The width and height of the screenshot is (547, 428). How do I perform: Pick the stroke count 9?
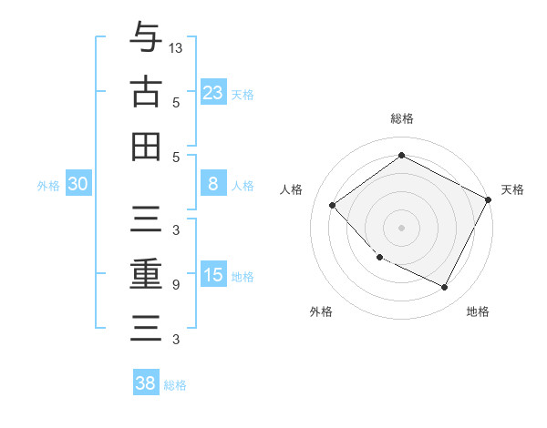[x=176, y=285]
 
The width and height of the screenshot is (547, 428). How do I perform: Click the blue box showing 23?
[x=213, y=93]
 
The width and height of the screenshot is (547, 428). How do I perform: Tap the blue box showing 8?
[x=213, y=184]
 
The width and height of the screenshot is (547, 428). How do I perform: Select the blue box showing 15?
[x=213, y=275]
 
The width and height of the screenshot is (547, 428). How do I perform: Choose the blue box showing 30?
[x=78, y=184]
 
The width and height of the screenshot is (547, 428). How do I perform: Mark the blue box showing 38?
[x=146, y=383]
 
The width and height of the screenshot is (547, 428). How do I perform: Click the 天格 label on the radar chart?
[x=512, y=189]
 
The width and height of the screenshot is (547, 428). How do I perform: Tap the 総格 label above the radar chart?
[x=401, y=118]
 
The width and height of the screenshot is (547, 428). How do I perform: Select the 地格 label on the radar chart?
[x=478, y=311]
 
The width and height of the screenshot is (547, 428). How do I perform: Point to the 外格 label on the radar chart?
[x=321, y=311]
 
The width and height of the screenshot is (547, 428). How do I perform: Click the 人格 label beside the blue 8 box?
[x=243, y=186]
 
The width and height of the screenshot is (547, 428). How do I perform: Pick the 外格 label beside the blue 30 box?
[x=48, y=186]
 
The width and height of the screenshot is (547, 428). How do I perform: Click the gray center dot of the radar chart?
[x=401, y=227]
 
